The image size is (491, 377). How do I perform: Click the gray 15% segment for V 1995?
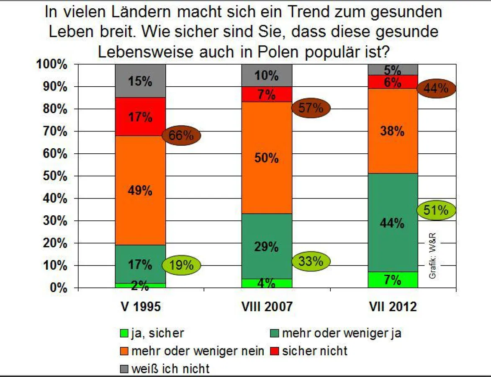point(140,81)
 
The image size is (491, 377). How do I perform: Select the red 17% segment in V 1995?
point(140,117)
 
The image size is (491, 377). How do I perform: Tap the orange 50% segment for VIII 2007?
point(267,158)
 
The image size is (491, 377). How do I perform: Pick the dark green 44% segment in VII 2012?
point(393,223)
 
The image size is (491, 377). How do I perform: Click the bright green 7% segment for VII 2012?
point(393,279)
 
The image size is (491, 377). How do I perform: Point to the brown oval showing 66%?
point(182,135)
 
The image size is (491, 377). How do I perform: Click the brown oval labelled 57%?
point(311,108)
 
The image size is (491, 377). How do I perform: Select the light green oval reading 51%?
point(436,211)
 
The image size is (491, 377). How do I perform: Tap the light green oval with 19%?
point(182,265)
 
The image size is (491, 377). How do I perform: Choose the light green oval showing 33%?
point(311,261)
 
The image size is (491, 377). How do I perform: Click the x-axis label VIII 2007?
point(267,307)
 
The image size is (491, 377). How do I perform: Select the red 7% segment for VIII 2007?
point(267,95)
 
